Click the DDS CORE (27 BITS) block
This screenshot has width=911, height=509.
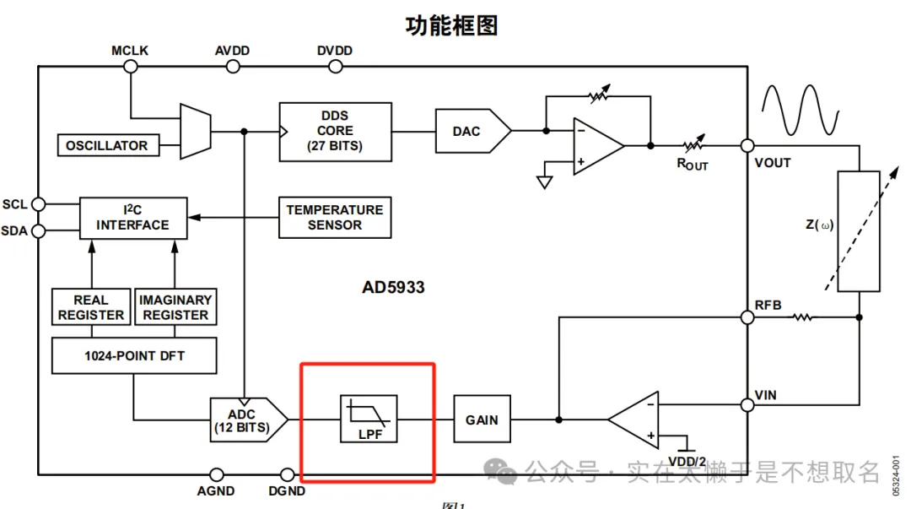(335, 131)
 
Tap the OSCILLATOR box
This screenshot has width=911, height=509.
(106, 145)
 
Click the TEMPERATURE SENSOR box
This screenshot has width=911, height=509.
(334, 217)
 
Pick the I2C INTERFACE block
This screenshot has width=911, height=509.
(132, 217)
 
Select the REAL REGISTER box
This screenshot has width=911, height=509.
(90, 307)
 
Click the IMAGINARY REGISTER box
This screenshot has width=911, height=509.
(175, 307)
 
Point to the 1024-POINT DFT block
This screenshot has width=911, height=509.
(134, 356)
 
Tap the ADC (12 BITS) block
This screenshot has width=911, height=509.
(245, 420)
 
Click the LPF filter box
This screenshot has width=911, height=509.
(368, 420)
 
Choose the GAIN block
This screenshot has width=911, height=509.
(482, 420)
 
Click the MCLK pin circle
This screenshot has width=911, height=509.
(131, 67)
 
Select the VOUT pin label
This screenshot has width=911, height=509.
(773, 162)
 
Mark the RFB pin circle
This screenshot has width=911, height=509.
(747, 317)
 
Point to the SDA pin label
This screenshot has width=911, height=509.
(14, 231)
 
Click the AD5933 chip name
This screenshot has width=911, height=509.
(393, 287)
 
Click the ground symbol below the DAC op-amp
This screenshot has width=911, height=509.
(545, 180)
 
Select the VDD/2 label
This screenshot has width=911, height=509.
(686, 461)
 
